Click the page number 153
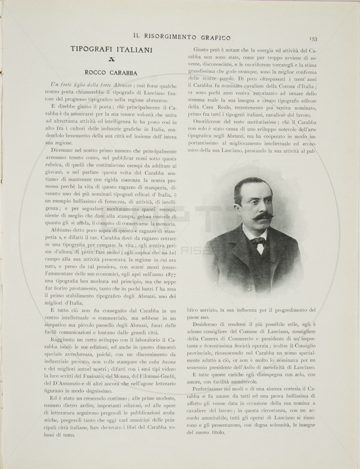pos(313,38)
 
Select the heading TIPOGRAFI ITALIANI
pos(111,49)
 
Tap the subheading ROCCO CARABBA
pos(111,72)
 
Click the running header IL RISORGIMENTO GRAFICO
pos(182,38)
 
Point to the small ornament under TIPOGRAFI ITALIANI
pos(112,59)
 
